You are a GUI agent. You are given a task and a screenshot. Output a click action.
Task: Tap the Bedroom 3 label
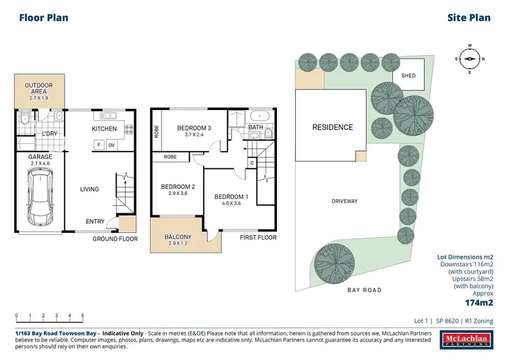(x=195, y=128)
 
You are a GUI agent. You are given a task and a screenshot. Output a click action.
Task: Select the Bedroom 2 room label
(x=177, y=187)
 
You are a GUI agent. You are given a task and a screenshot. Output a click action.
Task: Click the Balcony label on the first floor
(x=178, y=237)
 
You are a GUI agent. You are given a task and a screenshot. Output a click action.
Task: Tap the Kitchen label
(x=105, y=128)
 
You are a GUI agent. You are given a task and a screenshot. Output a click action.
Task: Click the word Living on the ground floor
(x=89, y=190)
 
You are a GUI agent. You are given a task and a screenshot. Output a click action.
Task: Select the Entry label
(x=95, y=221)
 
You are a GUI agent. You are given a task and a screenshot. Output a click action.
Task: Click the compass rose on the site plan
(x=469, y=58)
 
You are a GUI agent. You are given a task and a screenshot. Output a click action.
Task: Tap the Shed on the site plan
(x=409, y=76)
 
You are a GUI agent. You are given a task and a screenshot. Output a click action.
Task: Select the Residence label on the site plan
(x=333, y=127)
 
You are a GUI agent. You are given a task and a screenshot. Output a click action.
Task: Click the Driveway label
(x=345, y=201)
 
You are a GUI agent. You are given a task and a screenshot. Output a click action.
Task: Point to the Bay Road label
(x=365, y=290)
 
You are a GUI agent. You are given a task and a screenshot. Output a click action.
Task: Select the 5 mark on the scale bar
(x=82, y=316)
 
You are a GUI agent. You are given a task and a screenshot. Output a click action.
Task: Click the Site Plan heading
(x=470, y=18)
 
